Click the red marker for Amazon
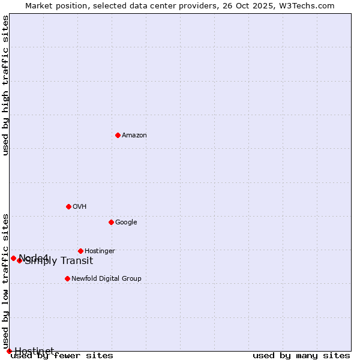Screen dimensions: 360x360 tap(118, 135)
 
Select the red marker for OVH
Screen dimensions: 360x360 tap(68, 206)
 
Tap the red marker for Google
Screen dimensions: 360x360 tap(111, 222)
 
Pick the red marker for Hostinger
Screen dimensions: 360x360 tap(80, 251)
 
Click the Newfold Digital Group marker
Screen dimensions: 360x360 tap(67, 278)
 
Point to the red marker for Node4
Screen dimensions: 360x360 tap(13, 258)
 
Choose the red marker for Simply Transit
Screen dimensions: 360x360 tap(19, 260)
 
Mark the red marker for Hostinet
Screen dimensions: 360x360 tap(9, 351)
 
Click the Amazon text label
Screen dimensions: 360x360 tap(134, 136)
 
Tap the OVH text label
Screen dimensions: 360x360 tap(80, 207)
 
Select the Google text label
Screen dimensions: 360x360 tap(126, 223)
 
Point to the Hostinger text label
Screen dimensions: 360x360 tap(100, 251)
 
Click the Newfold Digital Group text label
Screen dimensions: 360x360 tap(106, 279)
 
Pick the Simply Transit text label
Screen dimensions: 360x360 tap(59, 261)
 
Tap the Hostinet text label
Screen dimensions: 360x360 tap(34, 351)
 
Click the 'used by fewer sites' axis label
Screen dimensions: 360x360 tap(62, 356)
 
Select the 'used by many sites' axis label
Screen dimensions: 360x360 tap(301, 356)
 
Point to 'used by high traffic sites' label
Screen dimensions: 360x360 tap(6, 85)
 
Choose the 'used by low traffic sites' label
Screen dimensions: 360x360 tap(6, 281)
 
